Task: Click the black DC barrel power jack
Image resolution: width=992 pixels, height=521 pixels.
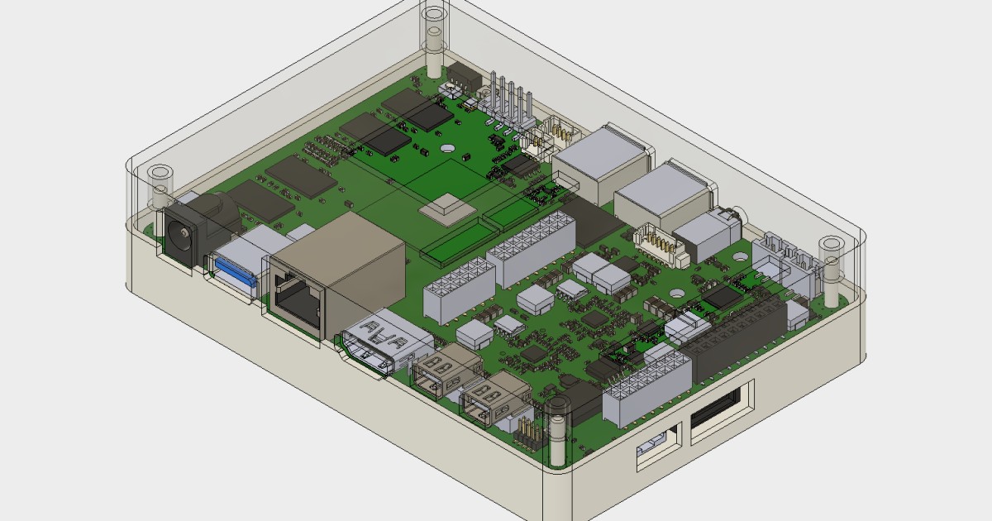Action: pos(179,232)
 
